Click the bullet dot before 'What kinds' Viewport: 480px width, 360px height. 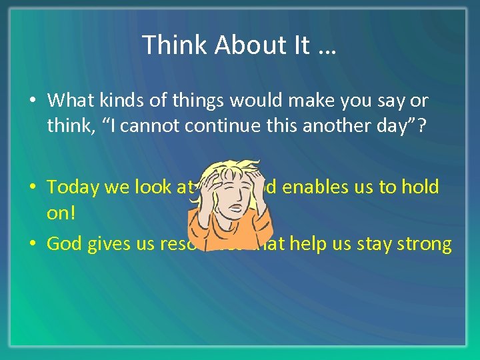click(33, 101)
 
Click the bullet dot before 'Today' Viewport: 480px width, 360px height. click(33, 187)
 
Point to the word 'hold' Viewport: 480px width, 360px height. click(420, 187)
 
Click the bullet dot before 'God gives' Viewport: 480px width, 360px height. click(33, 244)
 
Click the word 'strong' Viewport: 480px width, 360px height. click(421, 244)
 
